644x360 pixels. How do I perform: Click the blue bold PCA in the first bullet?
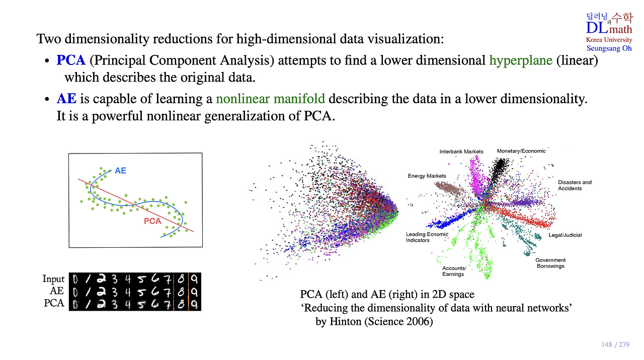click(71, 60)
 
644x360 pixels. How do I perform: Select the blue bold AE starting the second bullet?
click(66, 99)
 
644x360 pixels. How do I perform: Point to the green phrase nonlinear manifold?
click(270, 99)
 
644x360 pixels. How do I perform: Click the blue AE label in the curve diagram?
click(120, 171)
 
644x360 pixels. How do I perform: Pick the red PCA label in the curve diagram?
click(152, 221)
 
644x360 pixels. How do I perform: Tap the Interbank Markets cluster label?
click(461, 152)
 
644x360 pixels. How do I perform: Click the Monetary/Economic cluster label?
click(521, 151)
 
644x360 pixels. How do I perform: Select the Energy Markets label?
click(427, 176)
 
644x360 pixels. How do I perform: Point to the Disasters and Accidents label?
click(575, 185)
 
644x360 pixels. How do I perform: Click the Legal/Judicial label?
click(565, 235)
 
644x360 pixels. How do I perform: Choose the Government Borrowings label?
click(550, 263)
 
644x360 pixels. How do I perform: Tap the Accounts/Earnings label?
click(454, 271)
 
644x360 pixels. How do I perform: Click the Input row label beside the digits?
click(53, 279)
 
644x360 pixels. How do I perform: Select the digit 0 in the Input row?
click(75, 279)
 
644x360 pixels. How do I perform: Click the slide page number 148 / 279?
click(615, 345)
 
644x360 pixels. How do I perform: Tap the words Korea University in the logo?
click(609, 40)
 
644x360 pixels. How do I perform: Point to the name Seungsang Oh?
click(609, 48)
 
